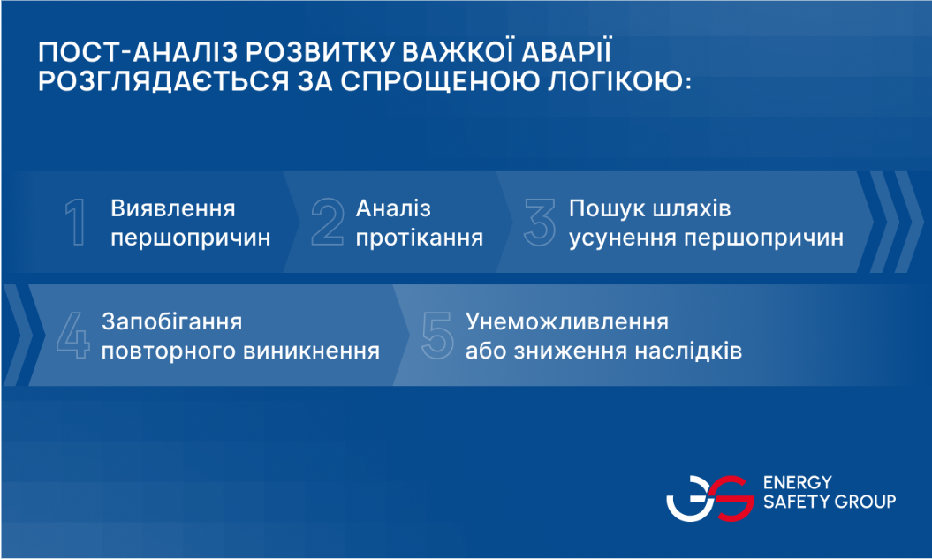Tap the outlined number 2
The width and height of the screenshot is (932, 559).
pos(328,223)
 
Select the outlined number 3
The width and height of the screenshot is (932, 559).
pos(540,223)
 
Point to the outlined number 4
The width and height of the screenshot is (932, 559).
pos(73,335)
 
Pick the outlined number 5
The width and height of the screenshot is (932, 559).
pos(437,336)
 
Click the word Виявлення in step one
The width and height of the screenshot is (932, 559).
pos(173,208)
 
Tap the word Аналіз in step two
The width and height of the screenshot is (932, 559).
pos(393,208)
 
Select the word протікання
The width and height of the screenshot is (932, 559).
pos(420,238)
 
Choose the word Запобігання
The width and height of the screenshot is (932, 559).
pos(171,321)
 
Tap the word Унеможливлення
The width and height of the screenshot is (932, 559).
pos(567,321)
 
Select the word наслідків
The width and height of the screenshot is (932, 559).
pos(688,351)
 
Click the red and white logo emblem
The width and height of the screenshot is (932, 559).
pos(710,498)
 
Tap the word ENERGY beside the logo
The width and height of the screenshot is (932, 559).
pos(797,482)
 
